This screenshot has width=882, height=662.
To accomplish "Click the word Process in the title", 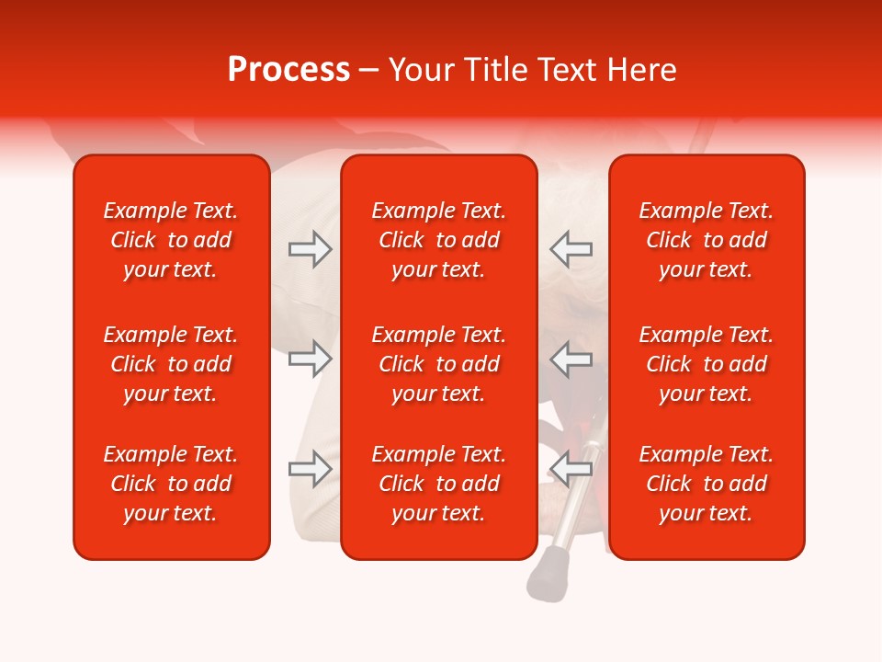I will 288,70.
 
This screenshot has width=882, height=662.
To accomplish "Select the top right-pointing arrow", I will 310,249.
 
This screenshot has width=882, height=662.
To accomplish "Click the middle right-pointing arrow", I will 310,359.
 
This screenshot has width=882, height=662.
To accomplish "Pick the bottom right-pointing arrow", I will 310,469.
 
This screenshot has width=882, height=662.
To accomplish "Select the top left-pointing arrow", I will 571,249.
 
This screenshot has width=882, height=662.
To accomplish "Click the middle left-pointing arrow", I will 571,359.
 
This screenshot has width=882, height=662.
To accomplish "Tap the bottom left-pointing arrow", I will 571,469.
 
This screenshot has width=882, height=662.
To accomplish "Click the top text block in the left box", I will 171,240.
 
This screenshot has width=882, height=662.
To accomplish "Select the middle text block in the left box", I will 171,364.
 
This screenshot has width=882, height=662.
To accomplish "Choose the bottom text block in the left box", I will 171,484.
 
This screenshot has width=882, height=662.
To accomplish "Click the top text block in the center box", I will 439,240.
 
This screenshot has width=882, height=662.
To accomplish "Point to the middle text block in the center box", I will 439,364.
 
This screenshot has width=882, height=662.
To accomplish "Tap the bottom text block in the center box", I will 439,484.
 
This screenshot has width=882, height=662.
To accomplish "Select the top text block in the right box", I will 707,240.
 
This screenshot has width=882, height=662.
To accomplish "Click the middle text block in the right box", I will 707,364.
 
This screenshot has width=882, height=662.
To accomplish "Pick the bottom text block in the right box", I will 707,484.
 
